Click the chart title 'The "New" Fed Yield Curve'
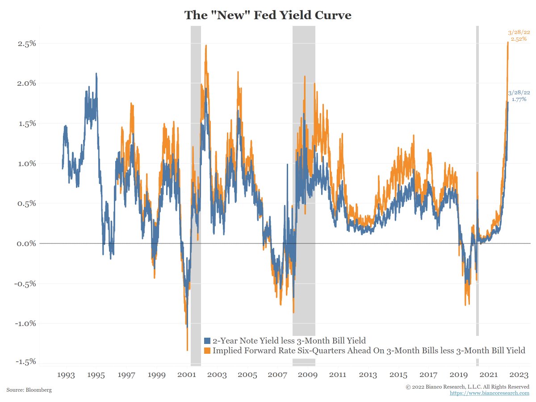pos(268,15)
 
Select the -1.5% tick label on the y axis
pos(25,362)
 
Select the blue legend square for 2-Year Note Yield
pos(207,341)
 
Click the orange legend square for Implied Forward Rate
pos(207,351)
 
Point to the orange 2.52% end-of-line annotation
pos(519,36)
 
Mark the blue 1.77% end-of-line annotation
pos(519,96)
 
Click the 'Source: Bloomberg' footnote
pos(29,390)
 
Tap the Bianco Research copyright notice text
pos(467,386)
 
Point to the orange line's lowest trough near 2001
pos(187,350)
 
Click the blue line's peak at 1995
pos(96,74)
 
